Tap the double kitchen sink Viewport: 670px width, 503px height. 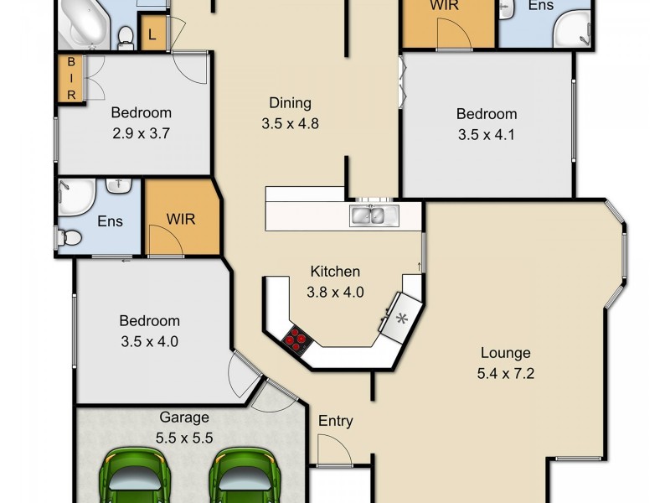(368, 215)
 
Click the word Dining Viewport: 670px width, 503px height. (290, 103)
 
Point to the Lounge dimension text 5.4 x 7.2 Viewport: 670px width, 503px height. (506, 373)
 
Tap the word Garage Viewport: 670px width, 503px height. (184, 417)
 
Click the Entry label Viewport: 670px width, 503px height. (335, 421)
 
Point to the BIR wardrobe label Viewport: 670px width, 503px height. (71, 79)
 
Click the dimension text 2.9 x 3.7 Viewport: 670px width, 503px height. (142, 132)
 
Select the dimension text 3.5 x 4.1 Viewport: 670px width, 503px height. (487, 133)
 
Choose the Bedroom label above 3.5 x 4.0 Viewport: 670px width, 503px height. (149, 320)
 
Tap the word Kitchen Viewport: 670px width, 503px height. (335, 271)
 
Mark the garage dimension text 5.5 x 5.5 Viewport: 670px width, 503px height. (184, 437)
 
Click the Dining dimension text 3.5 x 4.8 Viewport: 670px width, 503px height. (290, 123)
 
